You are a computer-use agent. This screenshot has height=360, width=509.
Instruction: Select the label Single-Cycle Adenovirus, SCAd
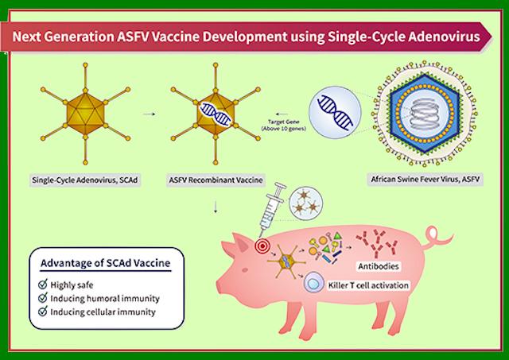tap(85, 180)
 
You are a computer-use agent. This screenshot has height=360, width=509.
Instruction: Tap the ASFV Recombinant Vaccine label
tap(216, 180)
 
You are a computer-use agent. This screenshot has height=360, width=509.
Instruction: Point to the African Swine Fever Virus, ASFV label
tap(425, 179)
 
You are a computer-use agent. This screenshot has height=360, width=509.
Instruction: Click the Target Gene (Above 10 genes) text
tap(283, 126)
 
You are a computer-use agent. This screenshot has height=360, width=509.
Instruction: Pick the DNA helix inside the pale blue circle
tap(335, 112)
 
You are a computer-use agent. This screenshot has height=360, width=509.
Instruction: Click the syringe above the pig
tap(271, 210)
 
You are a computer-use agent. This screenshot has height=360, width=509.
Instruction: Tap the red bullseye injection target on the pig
tap(262, 246)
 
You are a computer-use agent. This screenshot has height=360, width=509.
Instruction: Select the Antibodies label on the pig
tap(379, 266)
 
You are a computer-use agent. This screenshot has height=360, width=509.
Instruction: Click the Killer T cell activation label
tap(368, 285)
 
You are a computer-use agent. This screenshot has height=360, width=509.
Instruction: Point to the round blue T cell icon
tap(313, 283)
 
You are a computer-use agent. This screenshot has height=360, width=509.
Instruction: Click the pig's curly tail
tap(437, 238)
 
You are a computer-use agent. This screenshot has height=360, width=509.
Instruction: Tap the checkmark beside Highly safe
tap(43, 285)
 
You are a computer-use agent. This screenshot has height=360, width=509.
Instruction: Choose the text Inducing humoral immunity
tap(105, 299)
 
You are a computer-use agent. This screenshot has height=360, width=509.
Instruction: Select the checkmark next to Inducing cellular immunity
tap(43, 312)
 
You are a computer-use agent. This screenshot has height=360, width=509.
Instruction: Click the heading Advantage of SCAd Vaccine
tap(106, 263)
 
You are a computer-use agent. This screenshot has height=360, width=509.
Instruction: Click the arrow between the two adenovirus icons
tap(149, 114)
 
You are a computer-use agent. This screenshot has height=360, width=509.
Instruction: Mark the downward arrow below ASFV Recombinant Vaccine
tap(216, 207)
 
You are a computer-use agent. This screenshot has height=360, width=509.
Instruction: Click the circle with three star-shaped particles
tap(305, 203)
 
